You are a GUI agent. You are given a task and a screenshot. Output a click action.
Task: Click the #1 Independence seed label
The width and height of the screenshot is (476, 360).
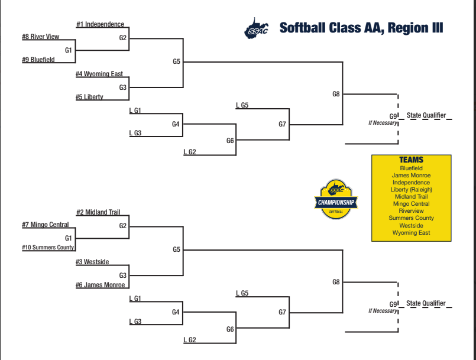[100, 24]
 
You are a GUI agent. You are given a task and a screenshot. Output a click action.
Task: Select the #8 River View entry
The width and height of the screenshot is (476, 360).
[40, 37]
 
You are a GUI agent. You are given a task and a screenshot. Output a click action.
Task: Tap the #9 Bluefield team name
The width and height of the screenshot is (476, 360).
[38, 60]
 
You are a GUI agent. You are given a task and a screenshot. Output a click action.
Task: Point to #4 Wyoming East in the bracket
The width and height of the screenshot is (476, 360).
[99, 74]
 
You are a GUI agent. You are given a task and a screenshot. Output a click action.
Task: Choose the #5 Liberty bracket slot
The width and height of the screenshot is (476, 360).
[89, 97]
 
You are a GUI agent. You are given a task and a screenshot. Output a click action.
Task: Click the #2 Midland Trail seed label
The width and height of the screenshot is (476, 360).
[98, 212]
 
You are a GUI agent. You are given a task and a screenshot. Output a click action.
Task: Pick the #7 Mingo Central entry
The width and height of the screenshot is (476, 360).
[45, 225]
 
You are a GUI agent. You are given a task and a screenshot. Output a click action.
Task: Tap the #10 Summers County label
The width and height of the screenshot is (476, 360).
[48, 247]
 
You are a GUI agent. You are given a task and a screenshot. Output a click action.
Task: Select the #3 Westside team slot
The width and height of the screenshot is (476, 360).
[92, 262]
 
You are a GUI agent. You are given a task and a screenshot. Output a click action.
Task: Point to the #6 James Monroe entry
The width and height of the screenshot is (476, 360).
[100, 285]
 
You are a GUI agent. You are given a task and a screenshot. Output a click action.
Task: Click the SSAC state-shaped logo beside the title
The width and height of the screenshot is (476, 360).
[256, 28]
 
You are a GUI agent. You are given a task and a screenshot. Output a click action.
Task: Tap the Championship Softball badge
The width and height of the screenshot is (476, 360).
[336, 199]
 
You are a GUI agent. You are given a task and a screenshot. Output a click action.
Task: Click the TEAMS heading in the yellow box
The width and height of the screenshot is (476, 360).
[411, 160]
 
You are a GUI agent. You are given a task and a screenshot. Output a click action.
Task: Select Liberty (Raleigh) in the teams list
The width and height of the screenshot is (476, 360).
[411, 190]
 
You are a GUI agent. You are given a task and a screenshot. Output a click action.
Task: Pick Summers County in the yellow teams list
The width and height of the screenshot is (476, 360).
[411, 218]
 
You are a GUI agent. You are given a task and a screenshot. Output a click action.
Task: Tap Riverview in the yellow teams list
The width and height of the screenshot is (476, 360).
[411, 211]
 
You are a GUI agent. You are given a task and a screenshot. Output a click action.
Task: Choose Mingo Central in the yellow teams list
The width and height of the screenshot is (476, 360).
[411, 204]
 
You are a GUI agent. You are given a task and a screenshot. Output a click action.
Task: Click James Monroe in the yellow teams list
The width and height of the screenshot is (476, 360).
[411, 176]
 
